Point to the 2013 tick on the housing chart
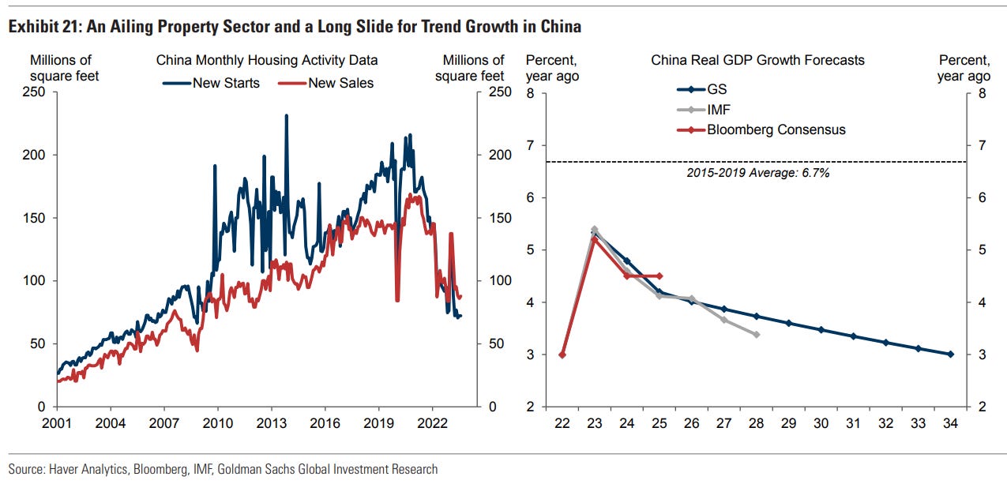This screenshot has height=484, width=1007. (271, 423)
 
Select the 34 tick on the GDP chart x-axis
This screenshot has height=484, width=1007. (950, 423)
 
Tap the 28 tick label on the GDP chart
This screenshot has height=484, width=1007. (756, 423)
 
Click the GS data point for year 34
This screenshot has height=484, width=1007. (950, 354)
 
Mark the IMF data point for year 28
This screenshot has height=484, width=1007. (757, 335)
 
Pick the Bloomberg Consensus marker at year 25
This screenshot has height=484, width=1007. (659, 276)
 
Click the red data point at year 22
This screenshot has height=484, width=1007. (562, 355)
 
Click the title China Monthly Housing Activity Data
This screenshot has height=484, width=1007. (266, 60)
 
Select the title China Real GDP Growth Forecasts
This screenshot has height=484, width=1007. (757, 60)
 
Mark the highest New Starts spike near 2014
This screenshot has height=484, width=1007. (286, 115)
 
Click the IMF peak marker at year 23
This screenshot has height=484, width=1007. (595, 230)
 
